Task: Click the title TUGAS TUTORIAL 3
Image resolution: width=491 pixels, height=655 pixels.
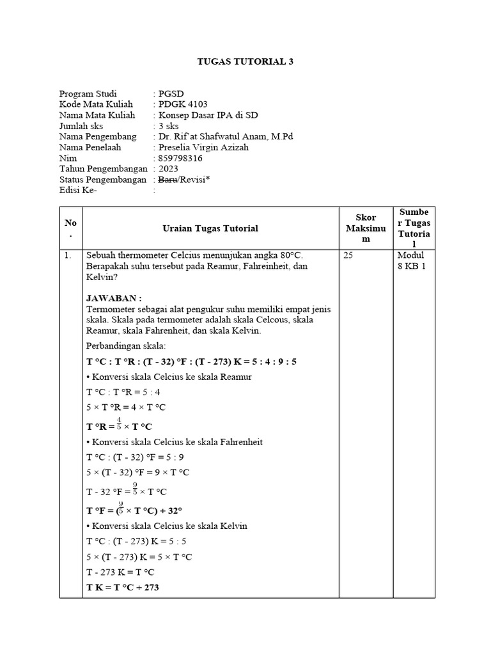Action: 245,61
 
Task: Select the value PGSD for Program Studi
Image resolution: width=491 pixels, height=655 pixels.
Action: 171,93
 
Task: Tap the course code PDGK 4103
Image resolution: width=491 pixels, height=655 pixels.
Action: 182,104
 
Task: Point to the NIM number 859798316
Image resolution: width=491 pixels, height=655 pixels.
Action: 180,158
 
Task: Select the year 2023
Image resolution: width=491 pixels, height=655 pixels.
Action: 169,169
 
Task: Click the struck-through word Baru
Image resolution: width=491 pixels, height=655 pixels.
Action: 169,180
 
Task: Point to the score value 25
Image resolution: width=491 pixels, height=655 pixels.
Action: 348,255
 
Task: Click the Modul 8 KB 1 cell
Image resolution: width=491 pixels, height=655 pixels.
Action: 411,260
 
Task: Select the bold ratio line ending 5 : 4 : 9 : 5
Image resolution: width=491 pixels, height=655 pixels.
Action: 192,361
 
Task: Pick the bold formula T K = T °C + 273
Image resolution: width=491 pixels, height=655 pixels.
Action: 123,587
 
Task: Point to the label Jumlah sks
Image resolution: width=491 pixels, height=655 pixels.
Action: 82,126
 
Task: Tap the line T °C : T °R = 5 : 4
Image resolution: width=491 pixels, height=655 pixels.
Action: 123,392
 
